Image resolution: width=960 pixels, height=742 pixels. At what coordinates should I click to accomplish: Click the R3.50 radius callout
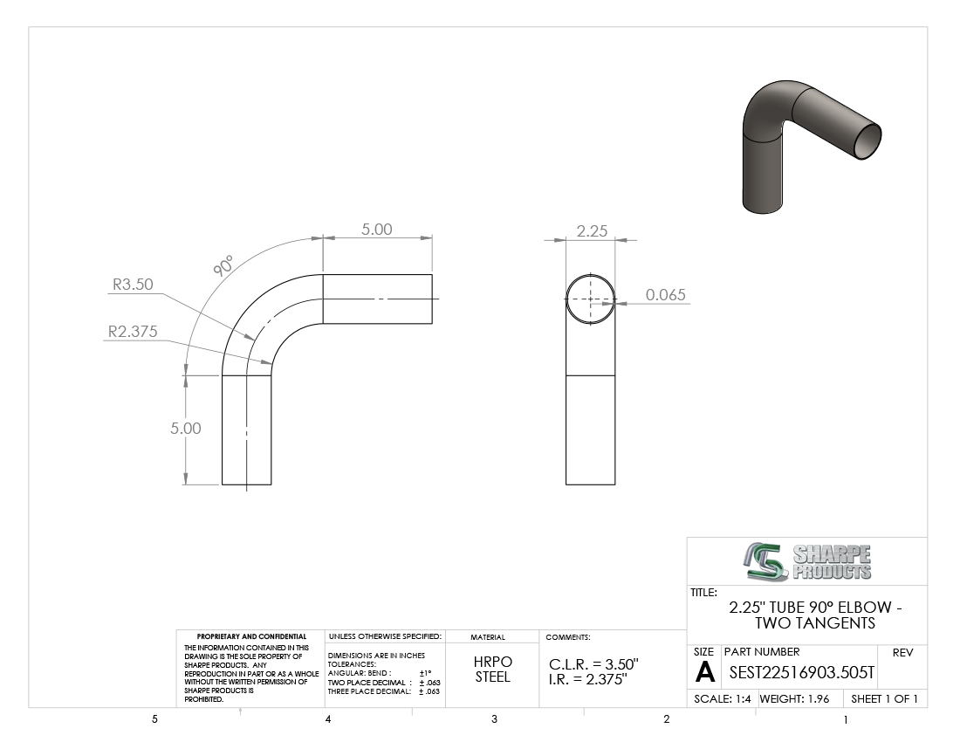pos(133,284)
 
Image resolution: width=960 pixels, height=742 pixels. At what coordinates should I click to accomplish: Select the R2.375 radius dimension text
pos(133,331)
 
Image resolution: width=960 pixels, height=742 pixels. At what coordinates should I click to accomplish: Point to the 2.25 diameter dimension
pos(592,230)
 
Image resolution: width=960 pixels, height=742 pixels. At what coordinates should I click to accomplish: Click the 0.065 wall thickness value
pos(666,294)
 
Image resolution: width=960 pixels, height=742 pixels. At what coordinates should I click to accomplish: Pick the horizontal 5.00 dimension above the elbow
pos(376,229)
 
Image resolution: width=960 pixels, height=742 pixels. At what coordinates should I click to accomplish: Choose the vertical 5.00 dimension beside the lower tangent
pos(186,428)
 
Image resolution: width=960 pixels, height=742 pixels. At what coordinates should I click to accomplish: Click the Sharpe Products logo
pos(807,561)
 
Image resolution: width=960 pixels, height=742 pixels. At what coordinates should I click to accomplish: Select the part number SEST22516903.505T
pos(802,673)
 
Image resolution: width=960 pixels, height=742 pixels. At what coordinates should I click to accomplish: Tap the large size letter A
pos(705,672)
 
